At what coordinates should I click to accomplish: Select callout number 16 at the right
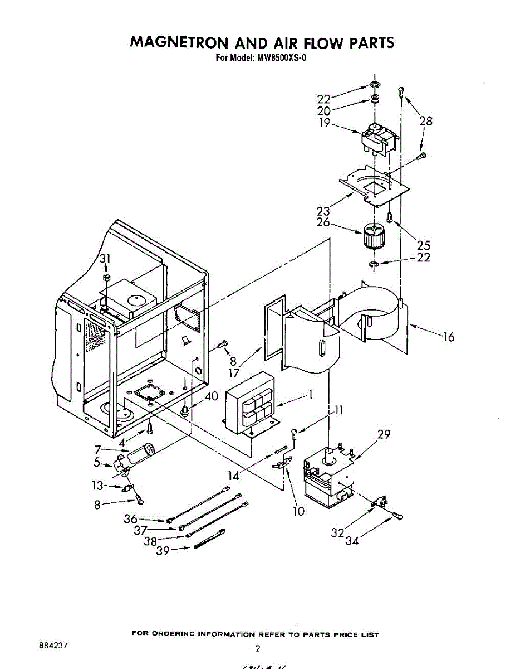(x=448, y=337)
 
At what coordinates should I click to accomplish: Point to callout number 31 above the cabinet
(x=106, y=259)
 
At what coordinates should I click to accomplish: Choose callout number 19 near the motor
(x=325, y=123)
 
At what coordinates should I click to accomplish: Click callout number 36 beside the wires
(x=130, y=518)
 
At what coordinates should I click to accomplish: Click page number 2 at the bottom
(x=258, y=648)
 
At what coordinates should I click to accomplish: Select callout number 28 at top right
(x=425, y=120)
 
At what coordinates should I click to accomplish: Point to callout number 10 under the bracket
(x=299, y=511)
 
